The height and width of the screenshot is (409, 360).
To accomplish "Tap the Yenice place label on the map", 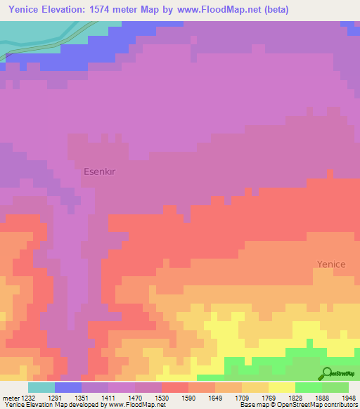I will coord(330,264).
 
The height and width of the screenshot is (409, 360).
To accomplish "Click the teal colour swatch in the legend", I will coord(41,387).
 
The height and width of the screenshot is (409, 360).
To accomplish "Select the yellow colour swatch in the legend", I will coord(282,387).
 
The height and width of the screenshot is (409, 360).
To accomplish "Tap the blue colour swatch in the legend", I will coord(68,387).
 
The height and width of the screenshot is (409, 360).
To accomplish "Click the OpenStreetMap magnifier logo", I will coord(326,373).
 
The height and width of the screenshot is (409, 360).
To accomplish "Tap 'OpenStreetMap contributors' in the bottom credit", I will coord(321,405).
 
